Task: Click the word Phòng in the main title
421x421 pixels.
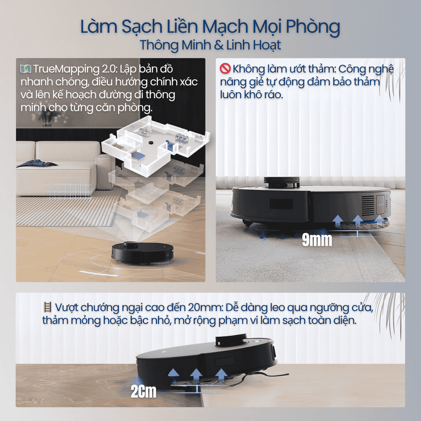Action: [313, 27]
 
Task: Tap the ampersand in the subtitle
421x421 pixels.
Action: [219, 45]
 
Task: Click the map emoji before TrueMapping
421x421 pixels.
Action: [26, 69]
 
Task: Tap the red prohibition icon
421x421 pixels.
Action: [225, 69]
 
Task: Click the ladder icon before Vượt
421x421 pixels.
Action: [48, 307]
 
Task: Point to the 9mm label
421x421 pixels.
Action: [317, 239]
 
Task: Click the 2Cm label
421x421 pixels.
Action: [143, 391]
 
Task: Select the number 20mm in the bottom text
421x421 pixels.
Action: [205, 307]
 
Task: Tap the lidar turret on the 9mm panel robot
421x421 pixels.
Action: [281, 182]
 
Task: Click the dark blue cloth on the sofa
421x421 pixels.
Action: [37, 163]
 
